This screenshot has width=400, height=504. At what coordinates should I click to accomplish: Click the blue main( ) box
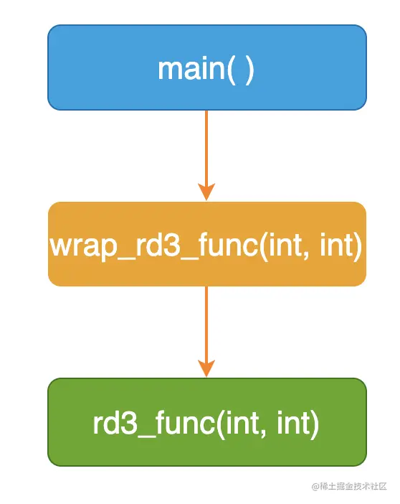(x=207, y=67)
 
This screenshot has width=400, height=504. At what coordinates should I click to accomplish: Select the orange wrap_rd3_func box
(x=207, y=244)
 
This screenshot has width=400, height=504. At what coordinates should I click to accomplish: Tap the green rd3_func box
(x=207, y=422)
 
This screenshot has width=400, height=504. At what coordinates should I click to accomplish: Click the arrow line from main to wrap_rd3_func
(x=206, y=155)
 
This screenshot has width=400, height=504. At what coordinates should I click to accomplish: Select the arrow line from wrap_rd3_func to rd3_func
(x=206, y=332)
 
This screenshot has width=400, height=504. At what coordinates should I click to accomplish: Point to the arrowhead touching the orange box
(x=206, y=192)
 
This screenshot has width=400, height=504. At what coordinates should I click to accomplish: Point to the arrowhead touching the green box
(x=206, y=368)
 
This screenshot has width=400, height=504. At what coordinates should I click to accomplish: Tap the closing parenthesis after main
(x=249, y=70)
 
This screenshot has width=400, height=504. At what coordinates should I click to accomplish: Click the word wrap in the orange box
(x=83, y=248)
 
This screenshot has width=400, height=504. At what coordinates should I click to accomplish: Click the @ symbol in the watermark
(x=315, y=486)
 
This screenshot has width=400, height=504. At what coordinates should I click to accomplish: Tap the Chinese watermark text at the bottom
(x=353, y=486)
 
